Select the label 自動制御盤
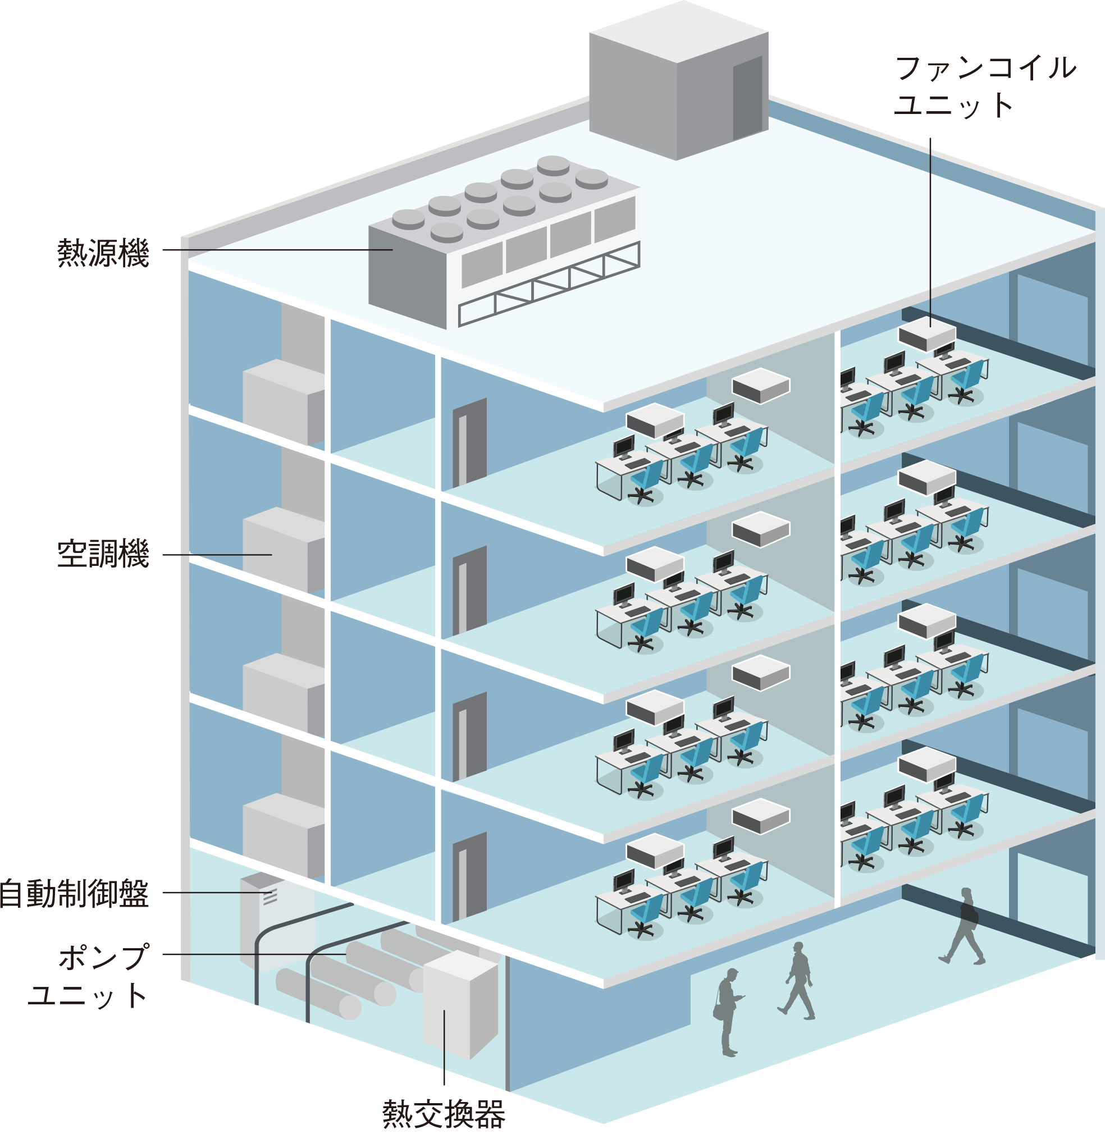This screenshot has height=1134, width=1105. pos(75,894)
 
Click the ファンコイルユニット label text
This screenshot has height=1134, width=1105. pos(985,87)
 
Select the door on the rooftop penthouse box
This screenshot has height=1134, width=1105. pos(747,99)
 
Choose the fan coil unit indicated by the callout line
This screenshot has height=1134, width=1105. pos(926,337)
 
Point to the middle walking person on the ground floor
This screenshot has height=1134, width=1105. pos(797,980)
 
